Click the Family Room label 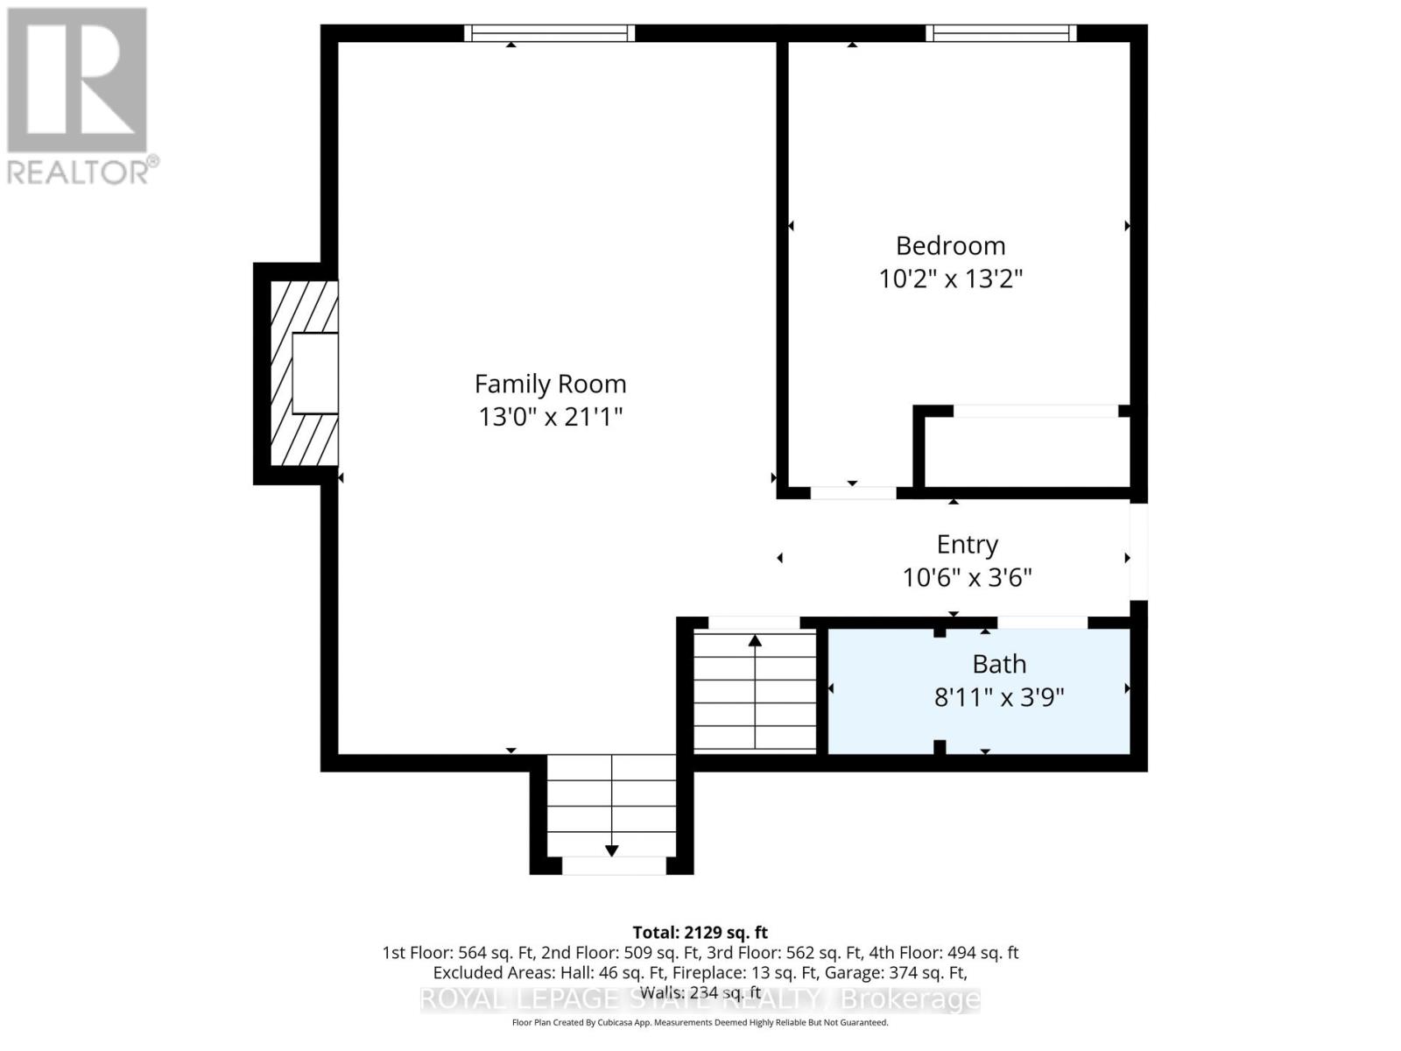550,384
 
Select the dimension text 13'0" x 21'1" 550,416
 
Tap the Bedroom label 950,245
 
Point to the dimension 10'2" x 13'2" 950,279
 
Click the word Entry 967,545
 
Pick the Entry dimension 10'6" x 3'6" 967,577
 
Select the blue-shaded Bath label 999,664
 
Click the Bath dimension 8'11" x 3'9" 999,697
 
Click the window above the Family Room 549,33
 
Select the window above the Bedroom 1002,33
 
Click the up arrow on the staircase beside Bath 755,642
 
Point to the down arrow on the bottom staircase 611,850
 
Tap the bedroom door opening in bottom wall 853,493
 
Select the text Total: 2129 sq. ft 700,932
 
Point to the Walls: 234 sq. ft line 700,992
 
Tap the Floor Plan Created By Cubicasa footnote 700,1022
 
